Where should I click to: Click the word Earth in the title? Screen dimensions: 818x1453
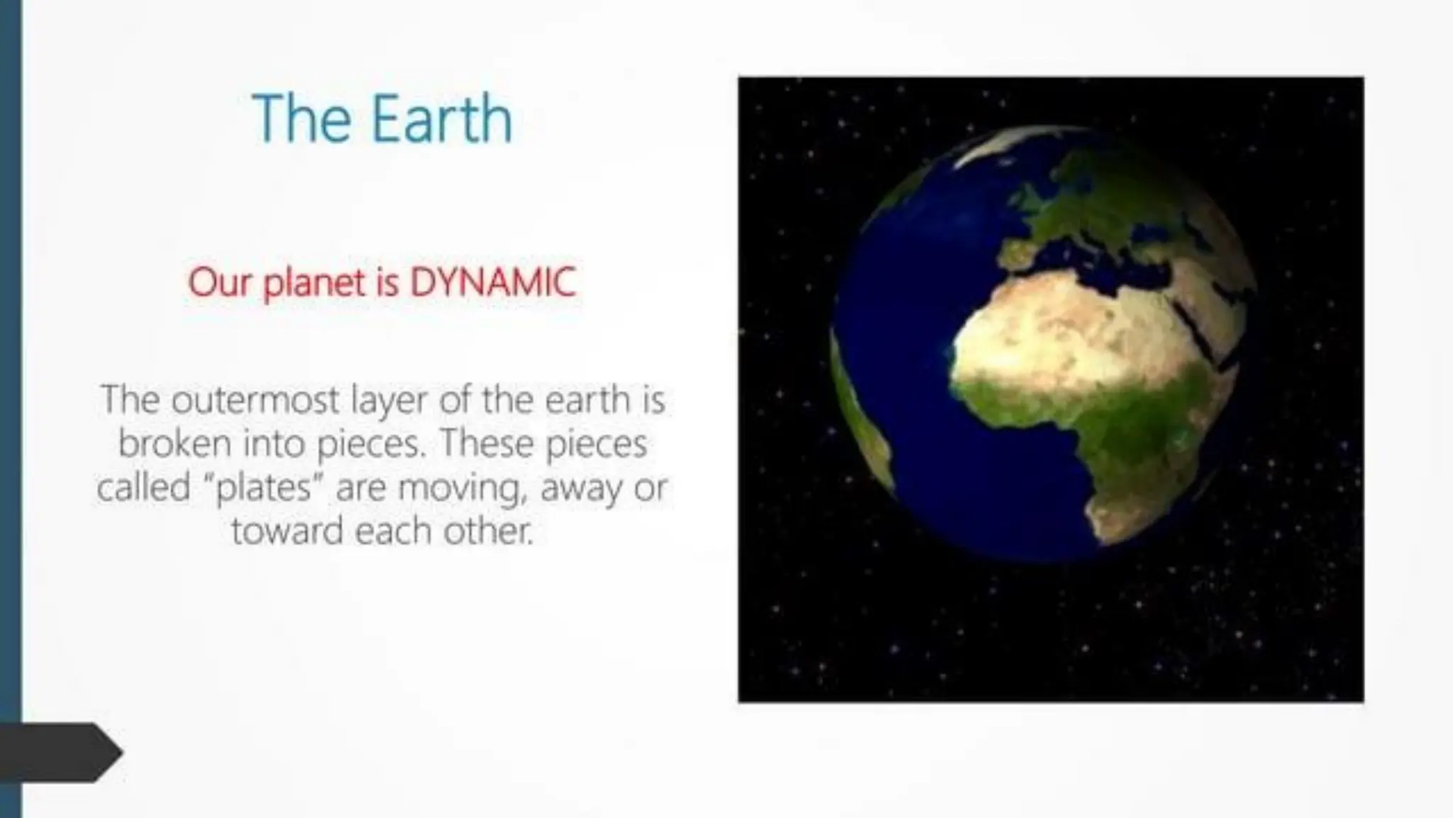[441, 119]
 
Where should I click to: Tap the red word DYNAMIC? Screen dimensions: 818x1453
[492, 282]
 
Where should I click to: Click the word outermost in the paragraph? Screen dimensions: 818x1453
[255, 399]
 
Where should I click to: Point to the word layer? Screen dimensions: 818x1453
[390, 402]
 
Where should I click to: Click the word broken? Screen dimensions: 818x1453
[175, 443]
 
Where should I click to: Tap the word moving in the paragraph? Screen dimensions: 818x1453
[458, 489]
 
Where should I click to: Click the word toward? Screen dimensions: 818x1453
[287, 531]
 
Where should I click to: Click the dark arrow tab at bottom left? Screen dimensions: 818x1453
[57, 752]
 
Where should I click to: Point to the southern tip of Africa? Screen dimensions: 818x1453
[1107, 532]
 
